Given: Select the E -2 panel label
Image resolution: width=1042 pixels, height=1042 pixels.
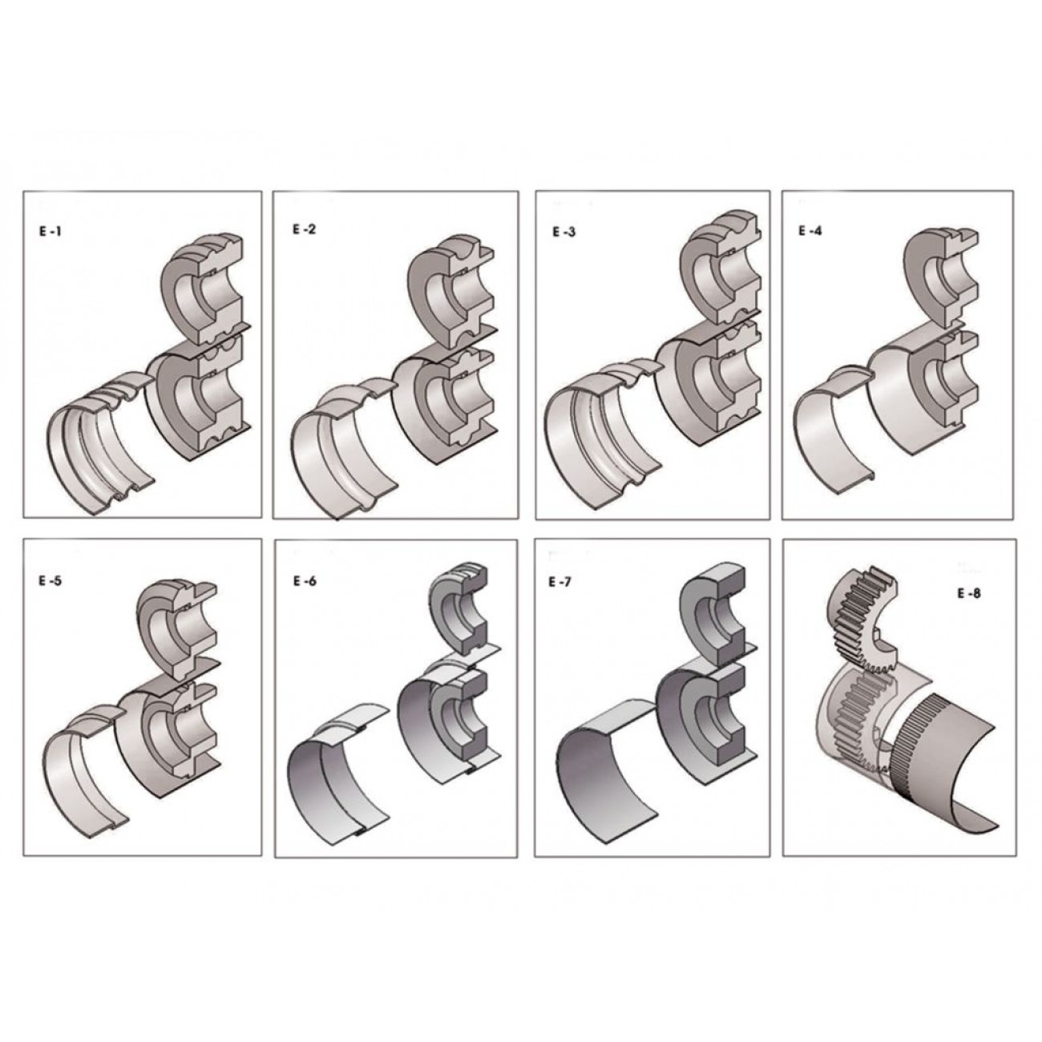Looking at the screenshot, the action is [x=305, y=228].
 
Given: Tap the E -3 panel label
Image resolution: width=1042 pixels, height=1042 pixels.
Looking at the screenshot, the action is [x=564, y=232].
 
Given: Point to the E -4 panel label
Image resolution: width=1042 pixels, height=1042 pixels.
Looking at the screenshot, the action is [x=810, y=230].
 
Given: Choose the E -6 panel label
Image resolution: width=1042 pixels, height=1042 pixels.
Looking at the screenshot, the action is [x=305, y=582].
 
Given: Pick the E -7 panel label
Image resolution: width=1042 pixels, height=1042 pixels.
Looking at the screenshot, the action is [x=560, y=583].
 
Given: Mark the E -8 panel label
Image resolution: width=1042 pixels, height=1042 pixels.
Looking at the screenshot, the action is [x=968, y=593].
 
